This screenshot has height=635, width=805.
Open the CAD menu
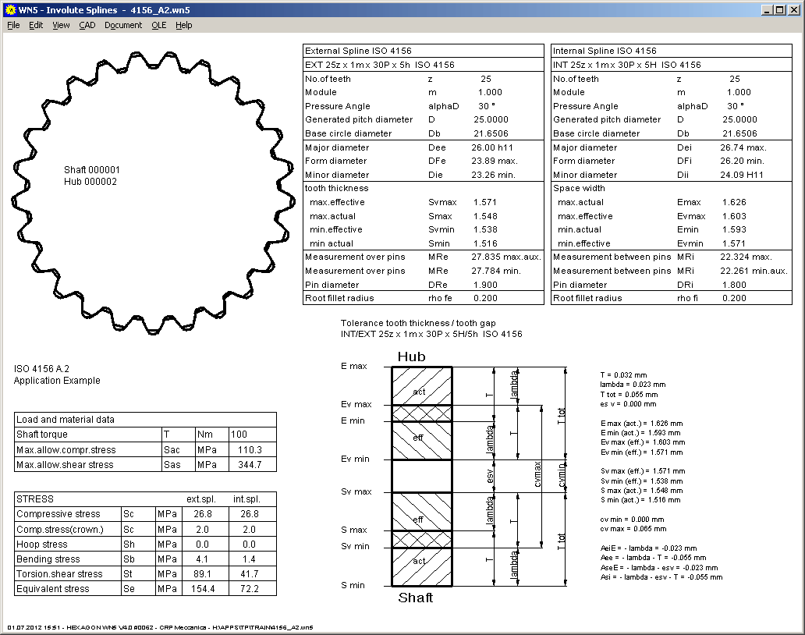[x=87, y=25]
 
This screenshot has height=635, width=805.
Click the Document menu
[x=123, y=25]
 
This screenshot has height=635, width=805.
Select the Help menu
[x=183, y=25]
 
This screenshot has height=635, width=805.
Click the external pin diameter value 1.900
[x=484, y=285]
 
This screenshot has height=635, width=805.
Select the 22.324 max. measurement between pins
[x=746, y=257]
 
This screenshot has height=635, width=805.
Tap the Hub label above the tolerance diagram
[x=412, y=357]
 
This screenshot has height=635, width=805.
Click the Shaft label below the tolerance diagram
[x=415, y=598]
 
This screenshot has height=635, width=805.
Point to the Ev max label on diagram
[x=356, y=404]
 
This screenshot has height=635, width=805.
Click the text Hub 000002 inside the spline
[x=90, y=182]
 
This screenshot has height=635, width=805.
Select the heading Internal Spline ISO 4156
[x=605, y=51]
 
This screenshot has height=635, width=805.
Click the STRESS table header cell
[x=36, y=498]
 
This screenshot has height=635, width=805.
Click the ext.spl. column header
[x=200, y=498]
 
